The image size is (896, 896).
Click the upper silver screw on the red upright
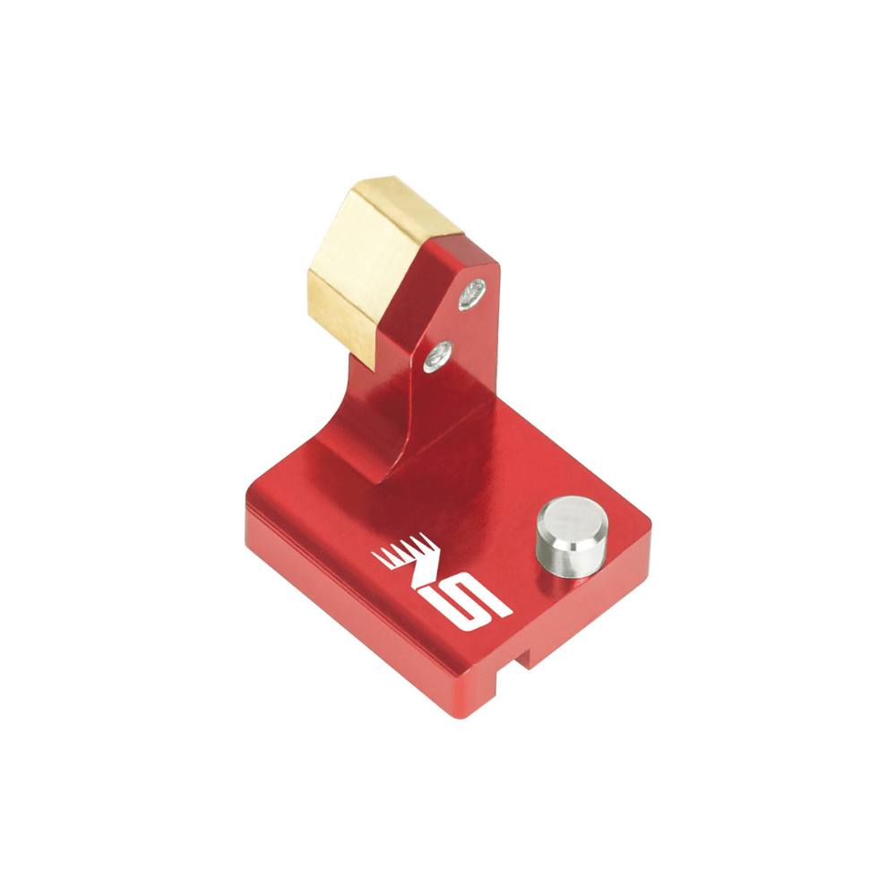click(472, 293)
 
